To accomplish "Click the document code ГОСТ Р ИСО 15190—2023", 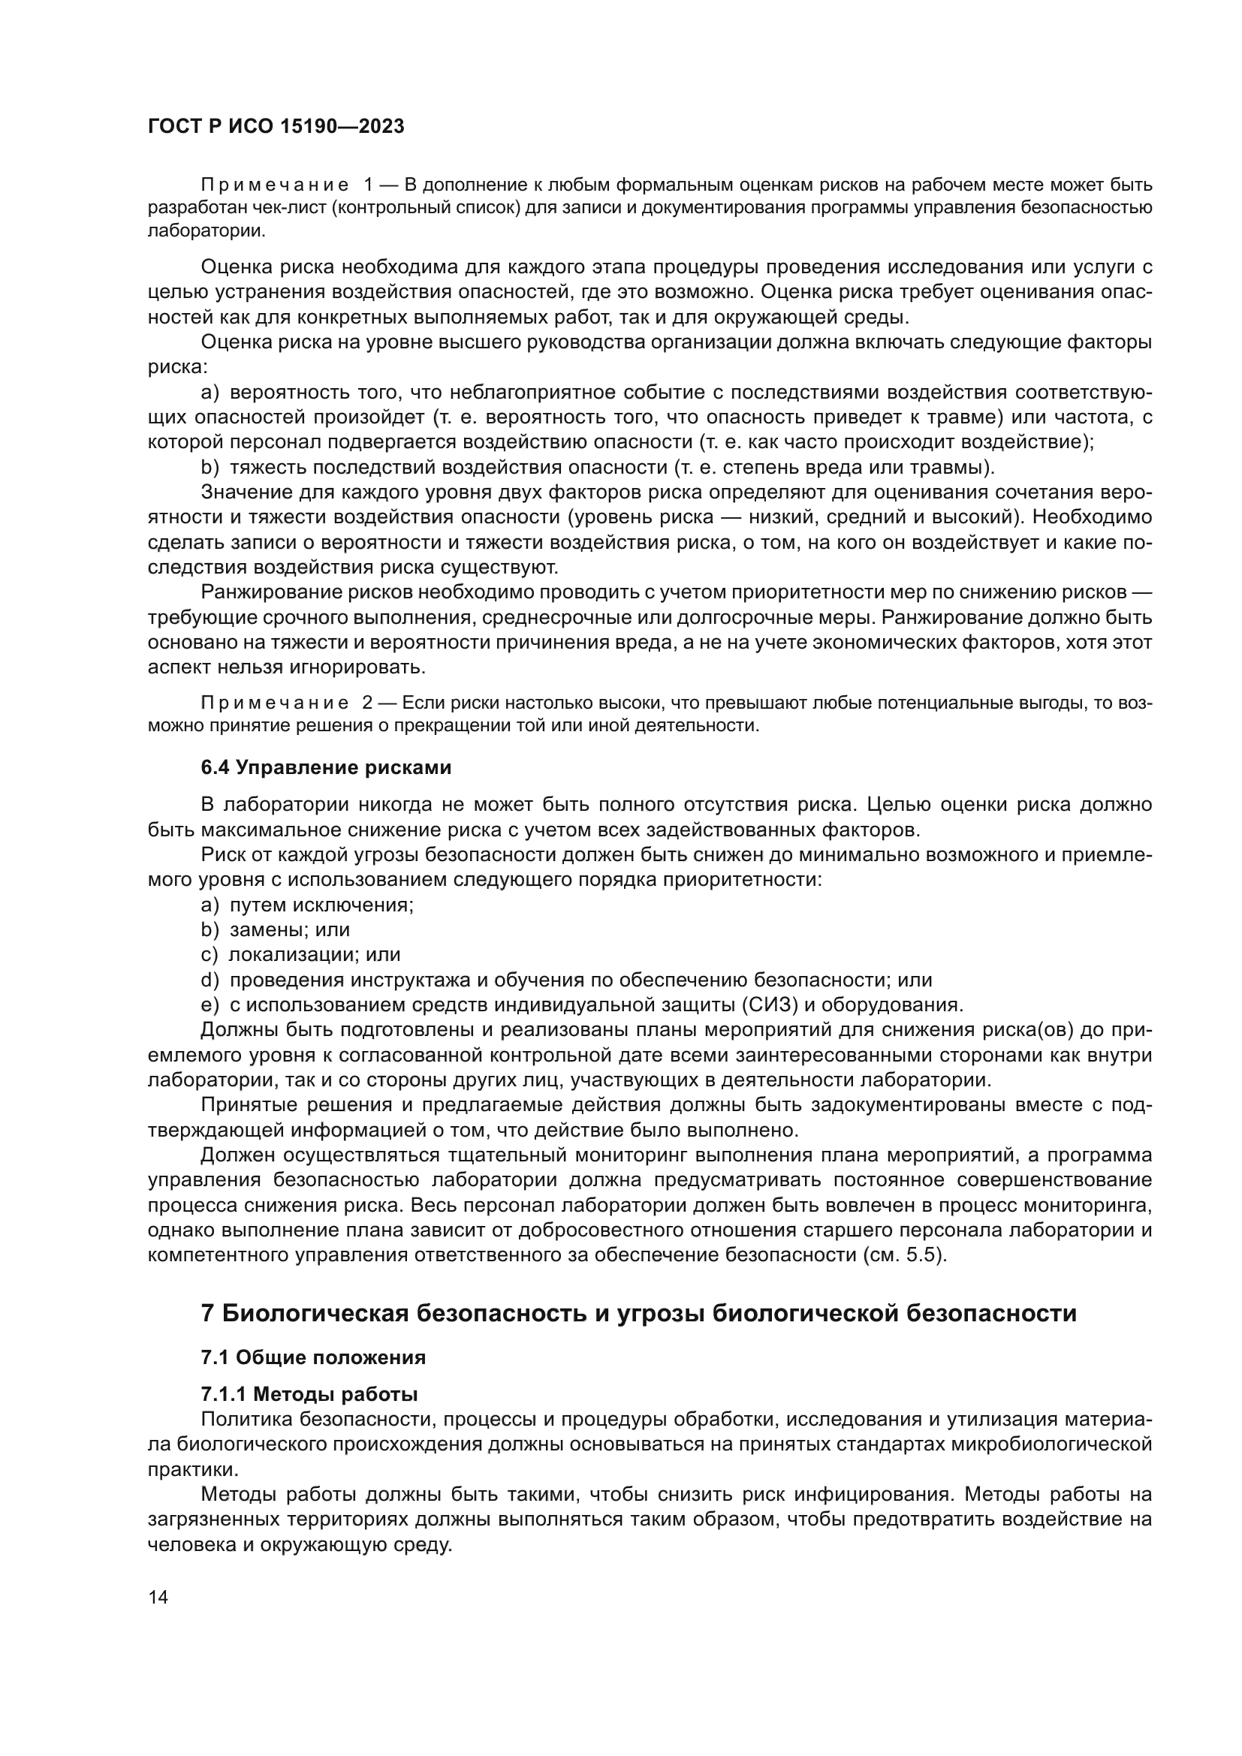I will [x=276, y=127].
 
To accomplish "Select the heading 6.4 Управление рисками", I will [x=326, y=767].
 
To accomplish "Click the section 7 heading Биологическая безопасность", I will [x=638, y=1313].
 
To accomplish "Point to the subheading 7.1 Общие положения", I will [x=313, y=1357].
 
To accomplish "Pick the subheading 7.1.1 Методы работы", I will [x=309, y=1394].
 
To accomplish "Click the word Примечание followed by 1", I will [x=275, y=185].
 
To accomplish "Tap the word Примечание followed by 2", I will [x=275, y=703].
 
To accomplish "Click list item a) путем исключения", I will [x=306, y=905].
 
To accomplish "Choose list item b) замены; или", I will [x=276, y=930].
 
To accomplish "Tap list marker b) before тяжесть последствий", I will [x=210, y=466].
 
